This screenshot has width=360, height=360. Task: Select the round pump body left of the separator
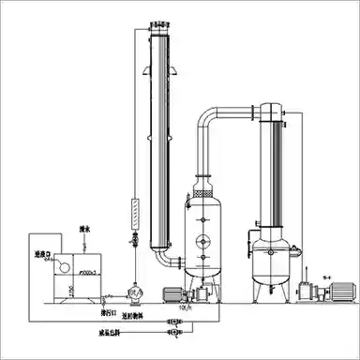pyautogui.click(x=136, y=292)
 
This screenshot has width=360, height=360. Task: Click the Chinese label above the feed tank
pyautogui.click(x=85, y=228)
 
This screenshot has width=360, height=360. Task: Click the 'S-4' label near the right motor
pyautogui.click(x=325, y=275)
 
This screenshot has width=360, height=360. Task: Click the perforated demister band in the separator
pyautogui.click(x=203, y=188)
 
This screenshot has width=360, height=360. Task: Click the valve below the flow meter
pyautogui.click(x=135, y=241)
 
